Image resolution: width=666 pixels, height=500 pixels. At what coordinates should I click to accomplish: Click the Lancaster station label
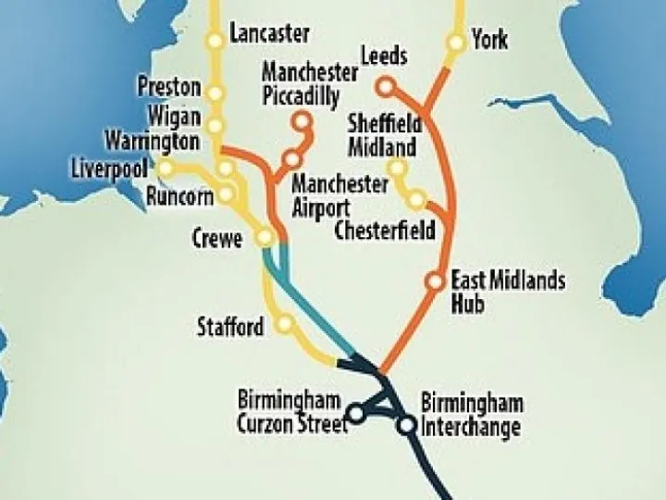(x=269, y=34)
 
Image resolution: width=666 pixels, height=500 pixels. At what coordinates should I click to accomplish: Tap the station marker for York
(x=455, y=43)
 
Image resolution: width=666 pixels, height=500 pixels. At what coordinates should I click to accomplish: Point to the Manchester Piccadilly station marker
(x=301, y=120)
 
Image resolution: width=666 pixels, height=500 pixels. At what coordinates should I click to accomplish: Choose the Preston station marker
(x=216, y=93)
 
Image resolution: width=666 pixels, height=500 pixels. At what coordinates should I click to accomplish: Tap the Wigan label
(x=173, y=115)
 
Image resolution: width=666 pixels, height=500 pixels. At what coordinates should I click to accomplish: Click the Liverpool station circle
(x=166, y=168)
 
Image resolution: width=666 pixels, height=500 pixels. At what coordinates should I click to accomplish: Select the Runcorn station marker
(x=225, y=195)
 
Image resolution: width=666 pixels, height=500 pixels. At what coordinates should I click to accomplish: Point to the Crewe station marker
(x=265, y=238)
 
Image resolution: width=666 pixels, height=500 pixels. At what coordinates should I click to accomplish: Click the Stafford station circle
(x=285, y=324)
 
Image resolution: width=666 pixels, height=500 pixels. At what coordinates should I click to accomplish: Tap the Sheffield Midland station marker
(x=397, y=169)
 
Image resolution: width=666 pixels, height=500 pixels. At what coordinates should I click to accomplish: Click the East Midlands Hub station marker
(x=436, y=281)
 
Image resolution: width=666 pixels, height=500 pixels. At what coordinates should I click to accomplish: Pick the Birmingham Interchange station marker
(x=407, y=426)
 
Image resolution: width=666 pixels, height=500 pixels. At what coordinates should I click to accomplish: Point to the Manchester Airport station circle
(x=291, y=157)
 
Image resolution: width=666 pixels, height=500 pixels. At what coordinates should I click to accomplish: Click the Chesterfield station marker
(x=417, y=200)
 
